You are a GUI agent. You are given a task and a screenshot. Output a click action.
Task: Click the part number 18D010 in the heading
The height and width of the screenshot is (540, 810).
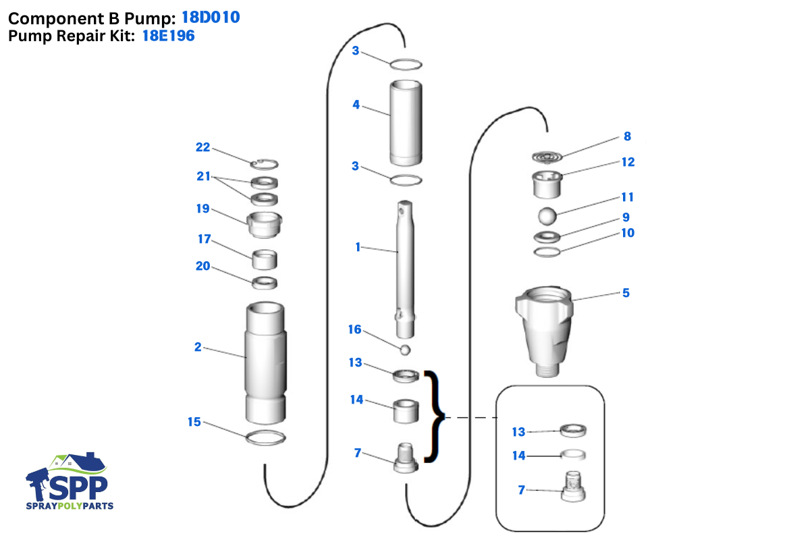(210, 18)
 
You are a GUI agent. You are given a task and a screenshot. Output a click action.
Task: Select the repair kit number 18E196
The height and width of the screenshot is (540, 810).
(168, 36)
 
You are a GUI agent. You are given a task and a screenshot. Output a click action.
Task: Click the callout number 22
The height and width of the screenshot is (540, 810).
(202, 147)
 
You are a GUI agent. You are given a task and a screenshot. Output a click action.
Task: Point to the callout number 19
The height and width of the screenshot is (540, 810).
(202, 209)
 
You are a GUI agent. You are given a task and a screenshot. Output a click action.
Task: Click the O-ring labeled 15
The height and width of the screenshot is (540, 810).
(265, 437)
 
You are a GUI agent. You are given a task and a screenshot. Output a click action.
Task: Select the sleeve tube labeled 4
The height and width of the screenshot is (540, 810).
(405, 123)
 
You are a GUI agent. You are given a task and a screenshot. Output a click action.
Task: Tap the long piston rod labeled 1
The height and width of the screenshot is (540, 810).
(405, 270)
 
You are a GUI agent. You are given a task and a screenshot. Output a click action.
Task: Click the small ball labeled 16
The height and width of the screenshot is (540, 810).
(405, 350)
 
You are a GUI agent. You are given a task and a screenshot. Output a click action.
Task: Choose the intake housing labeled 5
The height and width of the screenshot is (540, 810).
(545, 331)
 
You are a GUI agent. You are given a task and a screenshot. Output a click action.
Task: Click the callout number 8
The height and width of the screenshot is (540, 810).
(627, 136)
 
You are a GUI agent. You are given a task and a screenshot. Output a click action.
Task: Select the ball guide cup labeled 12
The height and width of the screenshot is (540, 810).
(547, 184)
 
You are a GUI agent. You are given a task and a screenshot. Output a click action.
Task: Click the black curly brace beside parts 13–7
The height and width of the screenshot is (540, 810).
(433, 416)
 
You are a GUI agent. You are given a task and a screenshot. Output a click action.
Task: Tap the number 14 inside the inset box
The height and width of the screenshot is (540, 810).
(518, 456)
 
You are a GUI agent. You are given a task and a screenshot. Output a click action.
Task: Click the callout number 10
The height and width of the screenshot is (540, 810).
(628, 233)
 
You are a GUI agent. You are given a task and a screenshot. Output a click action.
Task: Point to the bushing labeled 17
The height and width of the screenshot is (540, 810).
(265, 259)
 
